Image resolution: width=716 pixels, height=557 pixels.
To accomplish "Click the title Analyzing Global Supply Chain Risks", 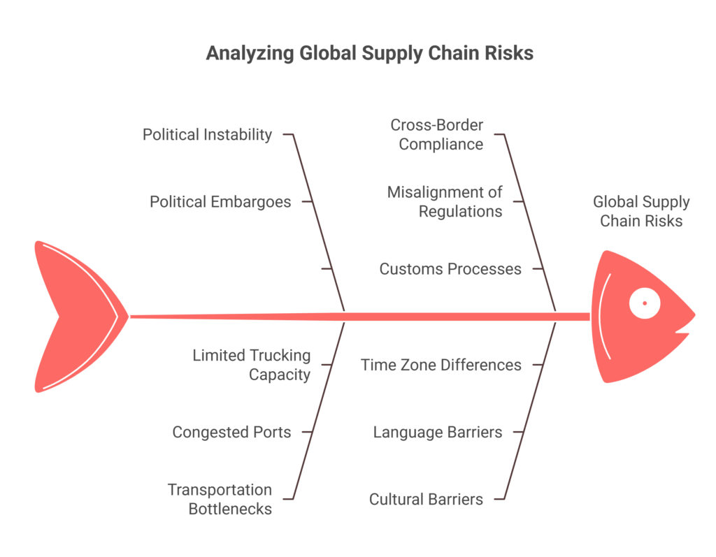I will [x=369, y=53].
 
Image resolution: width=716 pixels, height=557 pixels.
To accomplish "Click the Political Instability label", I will [x=207, y=134].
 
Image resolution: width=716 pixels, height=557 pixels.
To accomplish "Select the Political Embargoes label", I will [x=220, y=202].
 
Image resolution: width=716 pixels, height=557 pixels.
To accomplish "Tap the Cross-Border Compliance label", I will [x=436, y=135].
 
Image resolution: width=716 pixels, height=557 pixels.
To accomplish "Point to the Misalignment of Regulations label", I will [x=445, y=201].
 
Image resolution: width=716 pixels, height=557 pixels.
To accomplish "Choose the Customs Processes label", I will [x=450, y=269].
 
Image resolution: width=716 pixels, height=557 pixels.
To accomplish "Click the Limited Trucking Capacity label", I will [x=251, y=365].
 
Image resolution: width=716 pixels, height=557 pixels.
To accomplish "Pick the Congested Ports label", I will [x=231, y=432].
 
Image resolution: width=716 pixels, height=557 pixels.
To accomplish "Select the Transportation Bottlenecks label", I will [x=220, y=499].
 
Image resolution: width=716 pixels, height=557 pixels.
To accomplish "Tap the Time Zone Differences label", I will [x=441, y=365].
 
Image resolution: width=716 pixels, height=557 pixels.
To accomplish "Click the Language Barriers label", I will [x=437, y=432].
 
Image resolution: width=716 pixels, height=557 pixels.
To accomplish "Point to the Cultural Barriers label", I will [x=426, y=499].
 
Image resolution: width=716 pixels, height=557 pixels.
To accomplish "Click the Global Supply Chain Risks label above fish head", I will [x=641, y=211].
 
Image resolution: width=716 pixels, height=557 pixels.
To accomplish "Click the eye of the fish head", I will [x=645, y=303].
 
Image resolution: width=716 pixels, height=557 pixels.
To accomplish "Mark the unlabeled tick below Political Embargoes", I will [x=326, y=269].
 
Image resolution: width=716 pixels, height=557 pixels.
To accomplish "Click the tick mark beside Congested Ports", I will [x=306, y=432].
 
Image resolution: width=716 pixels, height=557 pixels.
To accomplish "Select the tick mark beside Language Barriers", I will [x=518, y=432].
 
